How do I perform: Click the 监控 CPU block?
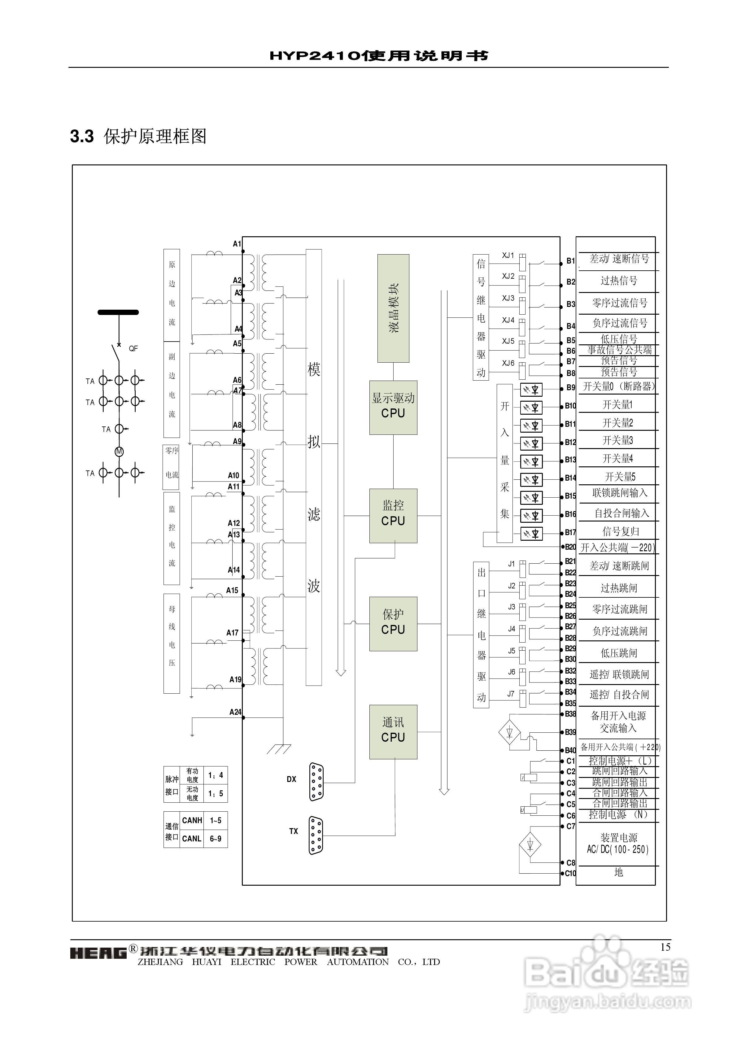(x=393, y=516)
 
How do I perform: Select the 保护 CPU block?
(x=393, y=624)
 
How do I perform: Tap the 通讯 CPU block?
(x=393, y=731)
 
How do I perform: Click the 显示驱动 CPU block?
(x=393, y=408)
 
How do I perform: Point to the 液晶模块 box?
(x=393, y=308)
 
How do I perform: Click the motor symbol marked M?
(x=119, y=452)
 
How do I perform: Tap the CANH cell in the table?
(x=192, y=820)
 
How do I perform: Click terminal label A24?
(x=235, y=712)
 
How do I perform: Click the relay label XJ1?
(x=508, y=256)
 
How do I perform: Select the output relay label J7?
(x=511, y=694)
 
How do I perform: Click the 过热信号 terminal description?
(x=619, y=281)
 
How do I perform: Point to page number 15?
(x=665, y=947)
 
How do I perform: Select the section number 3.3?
(x=82, y=136)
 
